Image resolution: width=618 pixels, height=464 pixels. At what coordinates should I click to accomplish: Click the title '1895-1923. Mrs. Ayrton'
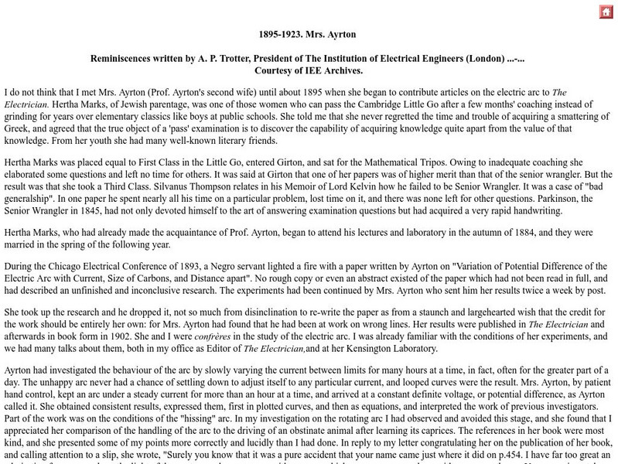point(309,35)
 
